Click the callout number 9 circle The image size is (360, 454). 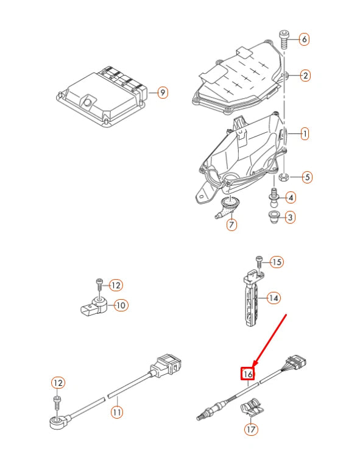click(x=162, y=93)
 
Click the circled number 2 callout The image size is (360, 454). click(x=305, y=76)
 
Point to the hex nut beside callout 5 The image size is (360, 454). click(x=284, y=177)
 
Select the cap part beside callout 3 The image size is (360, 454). click(x=274, y=216)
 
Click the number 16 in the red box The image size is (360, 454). click(x=248, y=374)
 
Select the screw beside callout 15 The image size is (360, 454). click(x=259, y=261)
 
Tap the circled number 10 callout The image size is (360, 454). click(x=121, y=305)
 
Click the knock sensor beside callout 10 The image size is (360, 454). click(x=93, y=305)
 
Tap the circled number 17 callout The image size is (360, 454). click(x=250, y=429)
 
